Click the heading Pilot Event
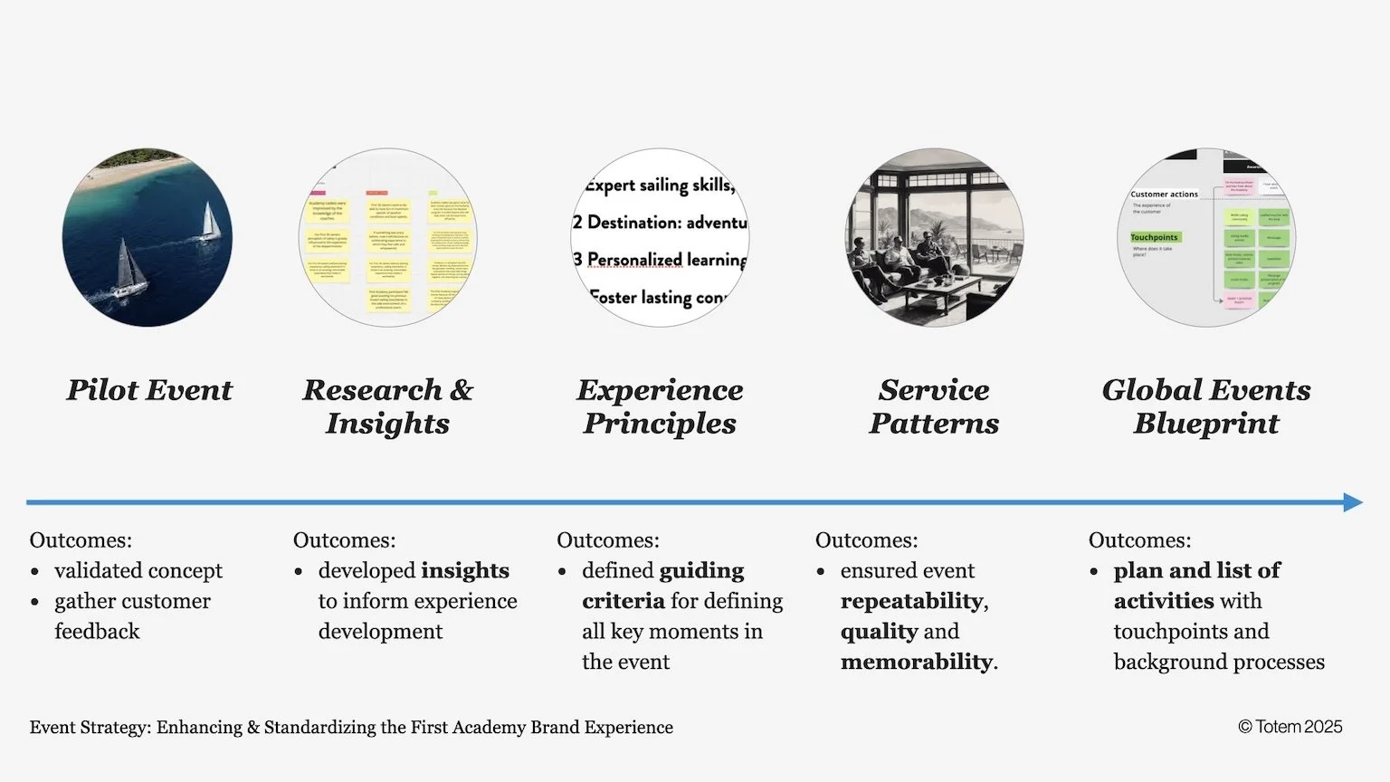pos(149,390)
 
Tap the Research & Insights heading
pos(387,406)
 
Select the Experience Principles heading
pos(660,406)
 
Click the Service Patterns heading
pos(934,406)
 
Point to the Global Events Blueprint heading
pos(1206,406)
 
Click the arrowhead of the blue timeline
pos(1353,502)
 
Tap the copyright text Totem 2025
pos(1290,727)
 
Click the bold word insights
pos(464,571)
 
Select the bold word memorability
pos(916,663)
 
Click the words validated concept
pos(138,571)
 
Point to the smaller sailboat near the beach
pos(210,222)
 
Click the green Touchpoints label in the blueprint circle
pos(1155,237)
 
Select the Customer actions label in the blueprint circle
pos(1164,194)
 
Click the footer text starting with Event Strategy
pos(351,728)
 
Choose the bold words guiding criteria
pos(674,586)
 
